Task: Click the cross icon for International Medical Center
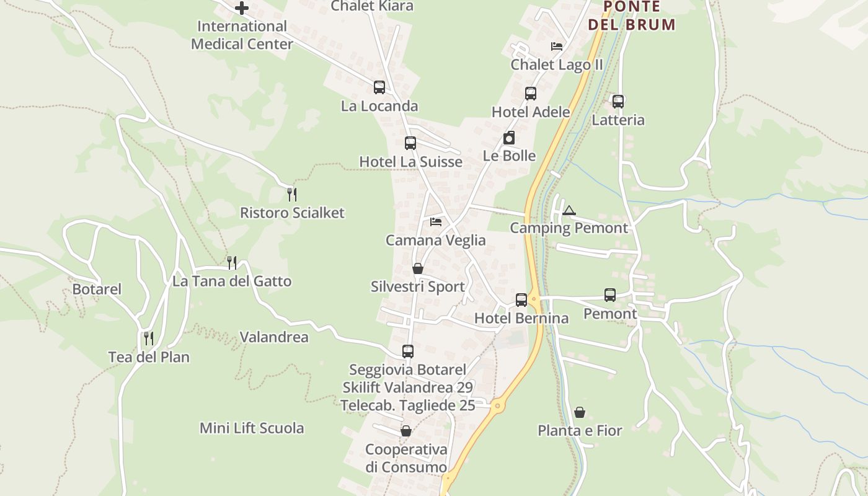[242, 8]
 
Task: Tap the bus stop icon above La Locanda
[379, 87]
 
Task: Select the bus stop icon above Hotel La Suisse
[410, 143]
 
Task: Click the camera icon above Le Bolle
[509, 138]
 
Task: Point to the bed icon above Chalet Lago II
[557, 46]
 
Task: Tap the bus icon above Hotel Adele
[531, 94]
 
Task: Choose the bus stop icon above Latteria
[618, 102]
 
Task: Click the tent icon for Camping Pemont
[569, 210]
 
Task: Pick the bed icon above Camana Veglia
[436, 222]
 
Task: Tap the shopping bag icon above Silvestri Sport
[418, 268]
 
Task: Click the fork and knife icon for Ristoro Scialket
[292, 195]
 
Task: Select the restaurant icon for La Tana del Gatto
[232, 263]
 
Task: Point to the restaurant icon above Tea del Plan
[149, 339]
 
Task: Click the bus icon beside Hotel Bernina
[521, 300]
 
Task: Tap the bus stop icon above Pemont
[610, 295]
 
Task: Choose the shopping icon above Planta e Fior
[580, 412]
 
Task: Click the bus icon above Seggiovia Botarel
[408, 352]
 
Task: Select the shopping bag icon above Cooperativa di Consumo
[406, 431]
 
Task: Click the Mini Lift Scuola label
[252, 428]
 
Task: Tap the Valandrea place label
[274, 337]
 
